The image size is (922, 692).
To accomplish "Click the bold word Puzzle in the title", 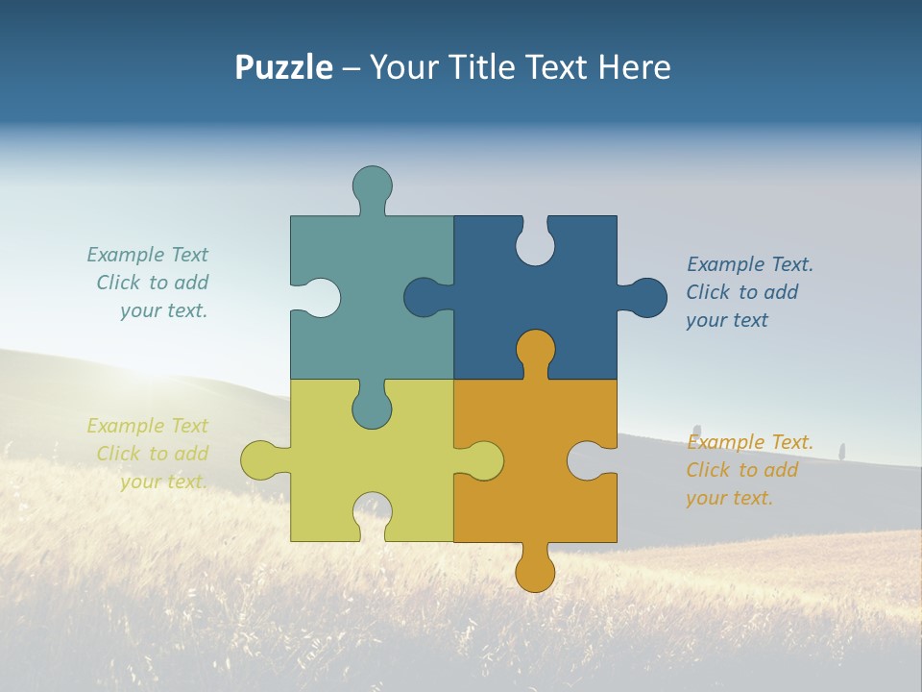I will click(x=283, y=67).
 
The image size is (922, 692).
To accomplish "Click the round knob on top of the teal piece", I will click(x=372, y=185).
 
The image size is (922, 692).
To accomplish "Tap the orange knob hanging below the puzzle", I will click(x=535, y=572).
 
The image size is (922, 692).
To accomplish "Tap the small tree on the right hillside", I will click(x=842, y=450).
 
